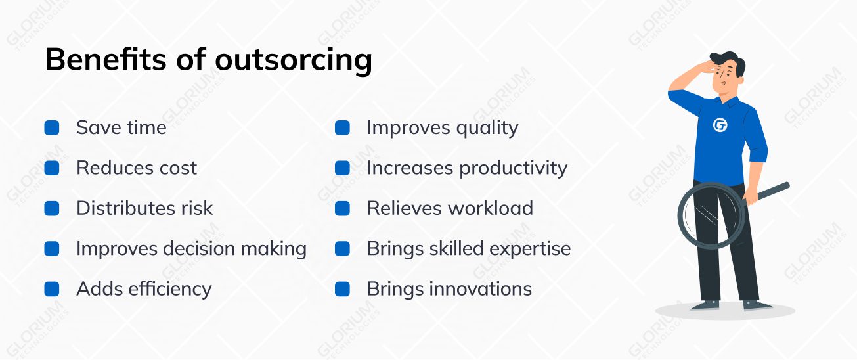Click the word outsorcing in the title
294,60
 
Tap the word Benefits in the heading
106,59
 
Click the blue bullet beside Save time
52,128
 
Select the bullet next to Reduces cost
52,168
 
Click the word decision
199,249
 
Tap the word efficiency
170,289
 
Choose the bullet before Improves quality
342,128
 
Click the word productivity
513,169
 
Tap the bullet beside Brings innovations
342,289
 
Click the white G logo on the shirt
720,125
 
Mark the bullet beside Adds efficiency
52,289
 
